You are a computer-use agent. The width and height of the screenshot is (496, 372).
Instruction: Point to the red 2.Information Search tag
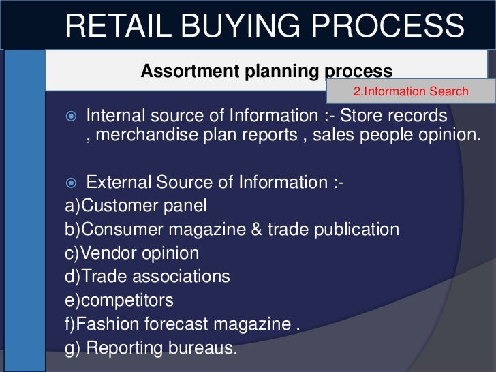[x=411, y=91]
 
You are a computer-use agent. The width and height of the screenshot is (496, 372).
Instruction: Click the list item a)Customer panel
[x=136, y=206]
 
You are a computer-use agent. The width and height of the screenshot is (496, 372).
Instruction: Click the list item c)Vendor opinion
[x=132, y=253]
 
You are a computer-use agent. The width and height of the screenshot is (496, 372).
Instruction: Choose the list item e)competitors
[x=119, y=300]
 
